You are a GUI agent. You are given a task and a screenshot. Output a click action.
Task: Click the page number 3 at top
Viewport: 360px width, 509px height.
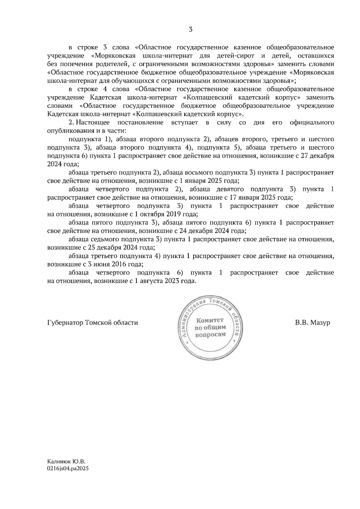click(191, 29)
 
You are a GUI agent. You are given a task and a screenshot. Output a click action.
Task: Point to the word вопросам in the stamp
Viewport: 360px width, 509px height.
click(210, 335)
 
